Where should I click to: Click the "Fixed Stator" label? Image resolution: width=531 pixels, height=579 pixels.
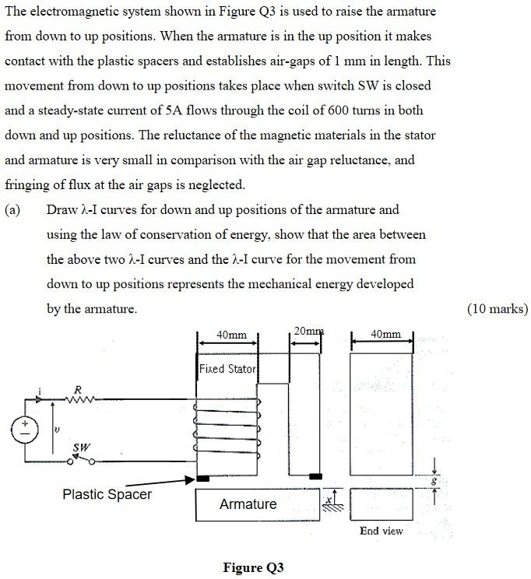tap(227, 369)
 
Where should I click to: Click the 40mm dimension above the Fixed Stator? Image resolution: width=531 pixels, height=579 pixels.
tap(231, 335)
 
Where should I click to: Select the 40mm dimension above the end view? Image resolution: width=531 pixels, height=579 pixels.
tap(386, 335)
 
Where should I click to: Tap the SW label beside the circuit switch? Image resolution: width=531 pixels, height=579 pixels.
tap(80, 447)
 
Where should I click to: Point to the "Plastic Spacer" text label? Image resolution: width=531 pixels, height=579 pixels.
tap(107, 494)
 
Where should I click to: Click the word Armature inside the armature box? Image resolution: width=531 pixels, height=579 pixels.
tap(248, 504)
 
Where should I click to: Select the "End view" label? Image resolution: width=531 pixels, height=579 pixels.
tap(381, 531)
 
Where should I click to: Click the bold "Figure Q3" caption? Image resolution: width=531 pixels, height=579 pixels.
tap(253, 567)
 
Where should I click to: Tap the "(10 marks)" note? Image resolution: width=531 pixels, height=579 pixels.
tap(497, 309)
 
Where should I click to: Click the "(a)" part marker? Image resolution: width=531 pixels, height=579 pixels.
tap(13, 209)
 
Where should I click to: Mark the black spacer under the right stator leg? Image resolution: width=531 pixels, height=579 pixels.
tap(315, 475)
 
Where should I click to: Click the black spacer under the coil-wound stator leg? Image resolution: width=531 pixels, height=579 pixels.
tap(202, 478)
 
